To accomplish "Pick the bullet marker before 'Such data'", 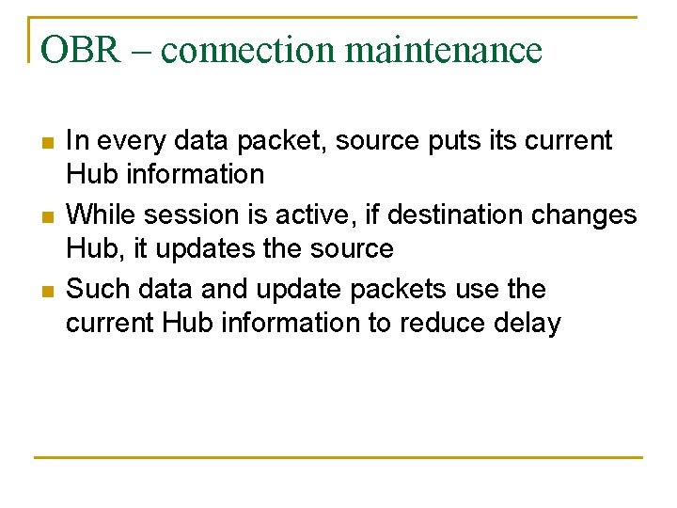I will (x=47, y=292).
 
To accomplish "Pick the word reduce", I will (x=442, y=324).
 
